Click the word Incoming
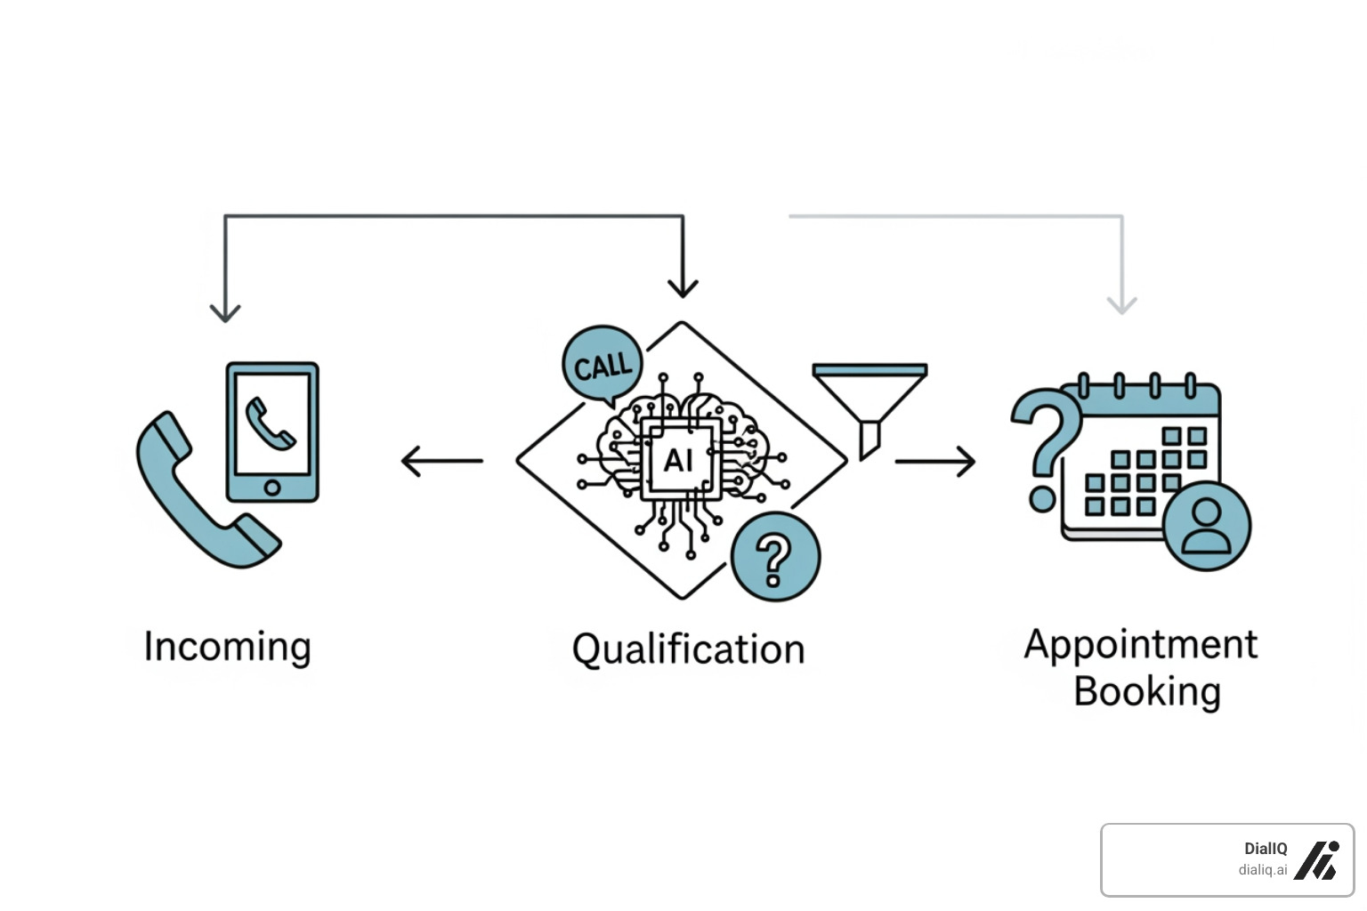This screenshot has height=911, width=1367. coord(228,647)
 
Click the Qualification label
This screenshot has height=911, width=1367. coord(688,649)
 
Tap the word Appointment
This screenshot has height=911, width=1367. coord(1141,644)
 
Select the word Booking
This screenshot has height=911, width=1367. coord(1147,691)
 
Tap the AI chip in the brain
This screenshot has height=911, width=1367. coord(678,460)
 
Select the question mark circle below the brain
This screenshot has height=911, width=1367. coord(774,557)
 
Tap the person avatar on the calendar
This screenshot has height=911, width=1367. coord(1207,526)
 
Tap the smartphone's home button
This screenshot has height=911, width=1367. coord(272,487)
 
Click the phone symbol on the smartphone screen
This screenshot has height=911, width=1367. coord(271,423)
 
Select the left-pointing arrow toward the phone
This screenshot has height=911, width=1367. coord(441,461)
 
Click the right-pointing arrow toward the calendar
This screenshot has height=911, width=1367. coord(936,461)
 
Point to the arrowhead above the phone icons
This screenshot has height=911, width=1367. coord(225,311)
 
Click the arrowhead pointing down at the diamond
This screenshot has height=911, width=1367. coord(683,287)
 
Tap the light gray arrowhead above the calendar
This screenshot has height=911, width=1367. coord(1122,304)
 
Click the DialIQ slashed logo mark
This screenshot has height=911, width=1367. coord(1316,860)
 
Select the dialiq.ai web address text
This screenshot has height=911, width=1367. coord(1262,870)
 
